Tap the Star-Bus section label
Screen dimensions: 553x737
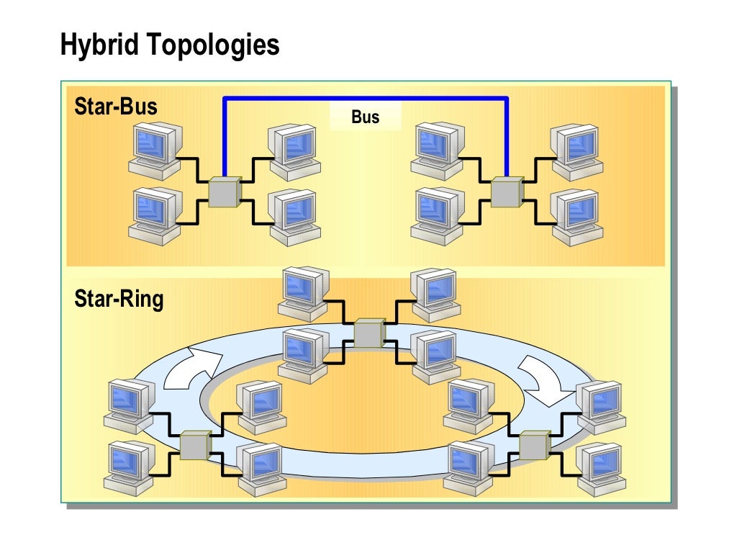[115, 107]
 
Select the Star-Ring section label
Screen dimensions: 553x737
[119, 298]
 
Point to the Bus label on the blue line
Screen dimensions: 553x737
[365, 117]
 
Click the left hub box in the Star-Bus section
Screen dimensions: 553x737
[223, 192]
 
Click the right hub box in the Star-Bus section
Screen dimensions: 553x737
[506, 192]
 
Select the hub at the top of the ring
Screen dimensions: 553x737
[369, 333]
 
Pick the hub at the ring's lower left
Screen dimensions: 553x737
[195, 445]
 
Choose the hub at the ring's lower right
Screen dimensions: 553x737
[534, 445]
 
